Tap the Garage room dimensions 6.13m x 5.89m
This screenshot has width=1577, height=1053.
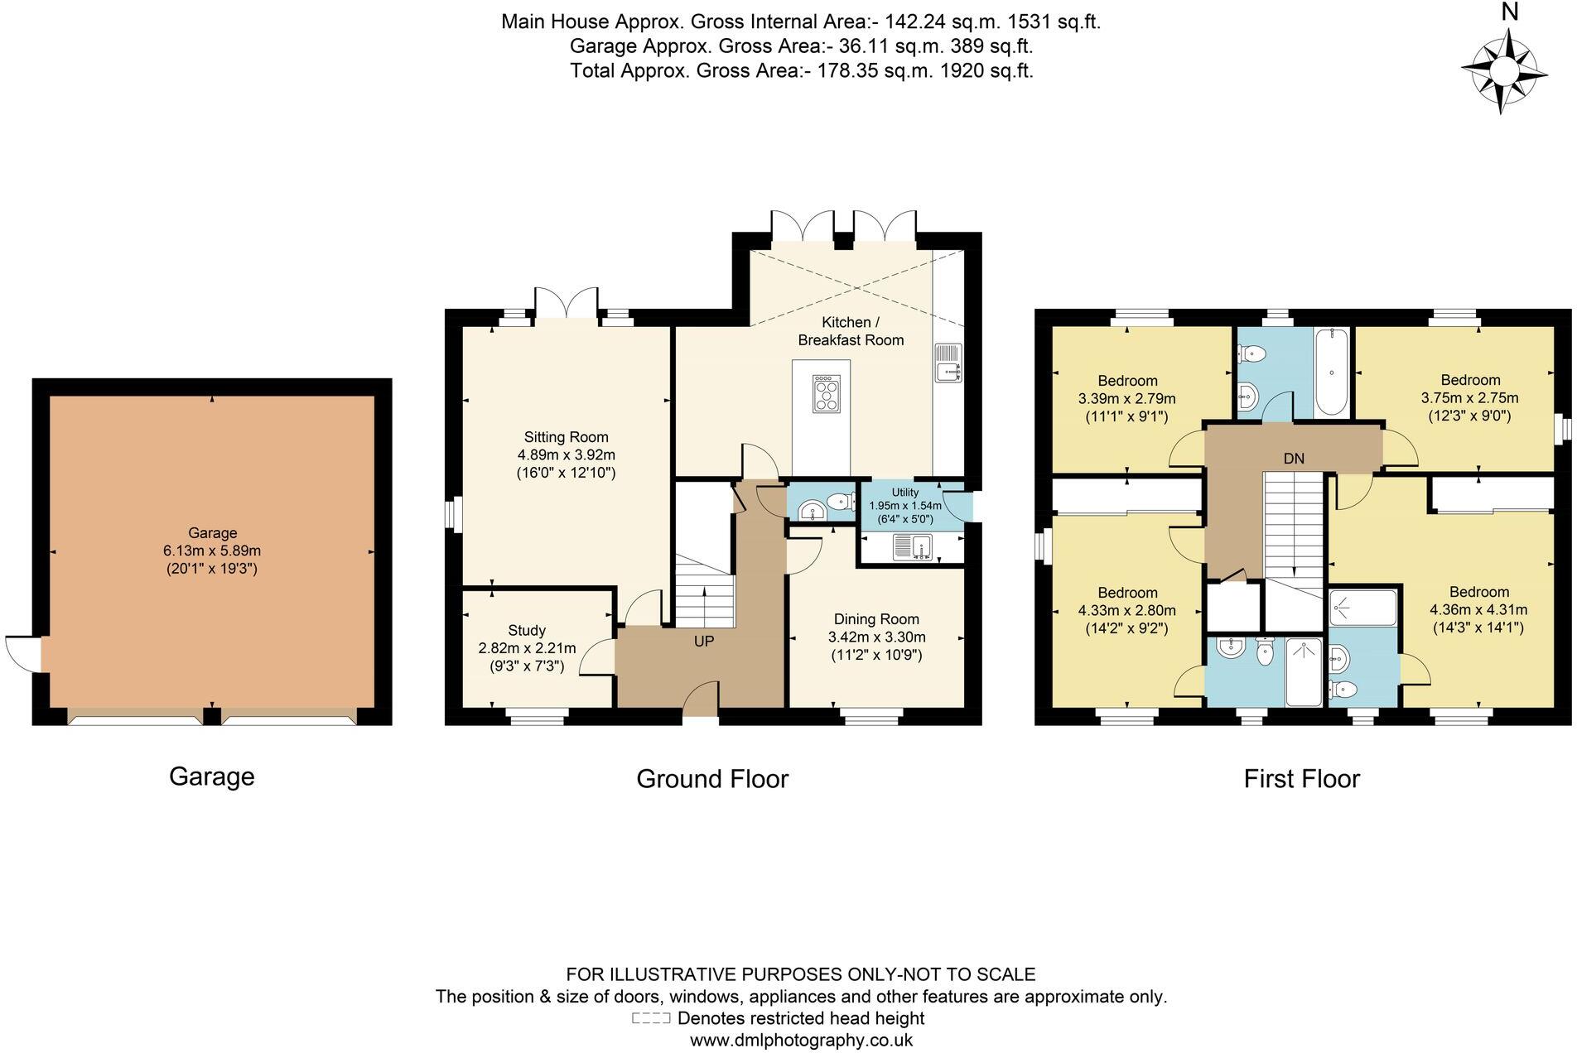(x=212, y=551)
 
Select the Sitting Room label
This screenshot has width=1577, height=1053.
(x=566, y=437)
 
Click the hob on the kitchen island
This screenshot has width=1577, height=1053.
(x=826, y=394)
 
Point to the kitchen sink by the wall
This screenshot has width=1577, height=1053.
(x=949, y=363)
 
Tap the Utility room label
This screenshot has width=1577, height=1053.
(x=905, y=493)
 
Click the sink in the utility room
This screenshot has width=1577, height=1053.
(x=913, y=547)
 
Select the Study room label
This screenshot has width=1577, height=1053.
(x=527, y=630)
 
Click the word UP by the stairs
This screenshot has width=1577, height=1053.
(x=703, y=642)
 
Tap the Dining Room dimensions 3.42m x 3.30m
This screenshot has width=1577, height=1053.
(x=876, y=637)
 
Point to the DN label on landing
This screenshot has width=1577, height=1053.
(x=1294, y=459)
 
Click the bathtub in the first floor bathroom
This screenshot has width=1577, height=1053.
(x=1331, y=371)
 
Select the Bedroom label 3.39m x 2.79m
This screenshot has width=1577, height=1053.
(x=1127, y=381)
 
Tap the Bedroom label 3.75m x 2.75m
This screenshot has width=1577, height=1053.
(x=1470, y=380)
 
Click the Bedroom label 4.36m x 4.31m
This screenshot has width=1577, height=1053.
(x=1478, y=592)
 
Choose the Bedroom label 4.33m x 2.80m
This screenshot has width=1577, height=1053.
(x=1127, y=593)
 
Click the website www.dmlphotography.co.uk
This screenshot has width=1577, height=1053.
(x=801, y=1041)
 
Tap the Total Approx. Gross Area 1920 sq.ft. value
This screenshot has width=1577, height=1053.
(x=986, y=71)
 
